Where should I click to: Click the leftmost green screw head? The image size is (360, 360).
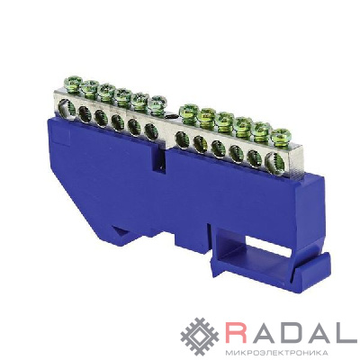[74, 81]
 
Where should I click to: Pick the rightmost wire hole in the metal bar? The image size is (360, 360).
[274, 160]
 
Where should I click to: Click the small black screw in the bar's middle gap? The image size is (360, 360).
[171, 116]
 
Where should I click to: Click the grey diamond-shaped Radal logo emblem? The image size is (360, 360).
[200, 337]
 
